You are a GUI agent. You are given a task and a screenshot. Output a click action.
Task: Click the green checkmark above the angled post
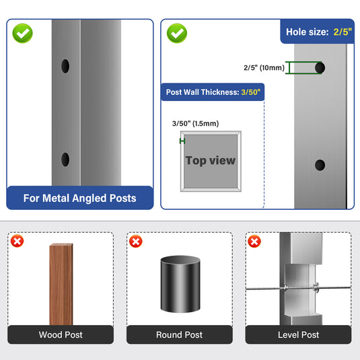(x=22, y=33)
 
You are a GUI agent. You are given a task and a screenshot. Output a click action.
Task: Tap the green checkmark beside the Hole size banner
(x=177, y=33)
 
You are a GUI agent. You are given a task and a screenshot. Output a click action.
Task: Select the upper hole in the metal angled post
(x=65, y=66)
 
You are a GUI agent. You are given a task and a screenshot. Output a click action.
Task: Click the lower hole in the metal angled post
(x=65, y=159)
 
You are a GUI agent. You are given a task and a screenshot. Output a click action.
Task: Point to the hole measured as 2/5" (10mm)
(x=320, y=68)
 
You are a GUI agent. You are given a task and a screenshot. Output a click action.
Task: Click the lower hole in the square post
(x=320, y=165)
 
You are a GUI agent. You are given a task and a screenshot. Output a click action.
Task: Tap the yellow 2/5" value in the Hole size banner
(x=343, y=32)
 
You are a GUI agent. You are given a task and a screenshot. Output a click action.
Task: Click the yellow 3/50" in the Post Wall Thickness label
(x=251, y=92)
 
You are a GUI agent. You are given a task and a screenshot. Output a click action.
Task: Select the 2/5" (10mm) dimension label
(x=264, y=68)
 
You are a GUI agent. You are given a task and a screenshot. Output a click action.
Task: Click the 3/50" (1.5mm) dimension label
(x=195, y=124)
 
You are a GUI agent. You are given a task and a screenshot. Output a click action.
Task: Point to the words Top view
(x=211, y=160)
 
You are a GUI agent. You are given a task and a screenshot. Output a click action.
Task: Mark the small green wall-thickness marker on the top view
(x=182, y=141)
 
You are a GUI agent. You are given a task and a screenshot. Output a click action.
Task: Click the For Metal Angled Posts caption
(x=79, y=198)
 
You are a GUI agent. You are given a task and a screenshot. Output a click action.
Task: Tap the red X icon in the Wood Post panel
(x=17, y=241)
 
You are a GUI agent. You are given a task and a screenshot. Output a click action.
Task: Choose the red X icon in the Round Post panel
(x=136, y=242)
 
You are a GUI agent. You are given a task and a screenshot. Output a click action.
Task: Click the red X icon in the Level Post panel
(x=254, y=242)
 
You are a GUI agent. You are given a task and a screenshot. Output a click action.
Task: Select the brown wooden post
(x=61, y=284)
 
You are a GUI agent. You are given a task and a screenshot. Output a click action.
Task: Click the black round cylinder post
(x=180, y=284)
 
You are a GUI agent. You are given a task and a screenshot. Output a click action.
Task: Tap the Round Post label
(x=179, y=334)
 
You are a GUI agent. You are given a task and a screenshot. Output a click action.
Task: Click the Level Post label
(x=299, y=334)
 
